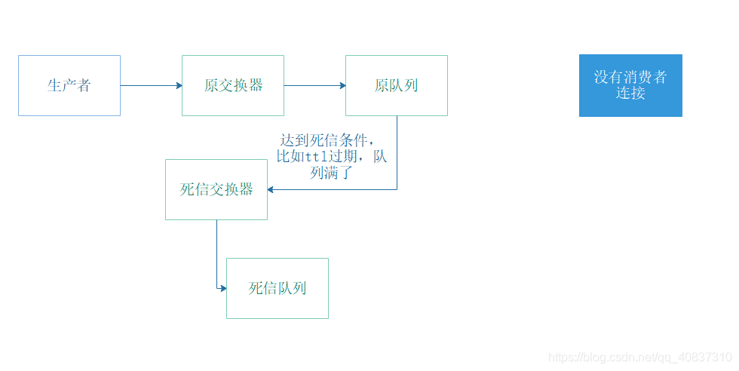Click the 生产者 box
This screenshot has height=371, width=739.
coord(69,85)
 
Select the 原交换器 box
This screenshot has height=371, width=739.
coord(233,85)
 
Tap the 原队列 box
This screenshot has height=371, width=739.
coord(397,85)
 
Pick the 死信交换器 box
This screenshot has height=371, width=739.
coord(216,189)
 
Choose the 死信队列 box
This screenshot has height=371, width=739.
coord(278,288)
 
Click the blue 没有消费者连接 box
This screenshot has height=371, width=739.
coord(630,85)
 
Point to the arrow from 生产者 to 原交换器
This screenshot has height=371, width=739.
coord(151,85)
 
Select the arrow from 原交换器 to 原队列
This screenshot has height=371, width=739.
coord(314,85)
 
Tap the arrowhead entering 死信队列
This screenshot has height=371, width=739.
coord(222,288)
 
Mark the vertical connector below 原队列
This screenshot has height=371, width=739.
coord(397,151)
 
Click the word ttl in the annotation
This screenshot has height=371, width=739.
coord(317,157)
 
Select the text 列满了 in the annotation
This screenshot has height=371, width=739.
coord(332,173)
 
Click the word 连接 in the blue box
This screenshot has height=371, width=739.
coord(630,94)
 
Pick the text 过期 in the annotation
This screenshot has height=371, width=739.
coord(344,157)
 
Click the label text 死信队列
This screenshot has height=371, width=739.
coord(278,288)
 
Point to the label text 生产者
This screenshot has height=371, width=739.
coord(69,85)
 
